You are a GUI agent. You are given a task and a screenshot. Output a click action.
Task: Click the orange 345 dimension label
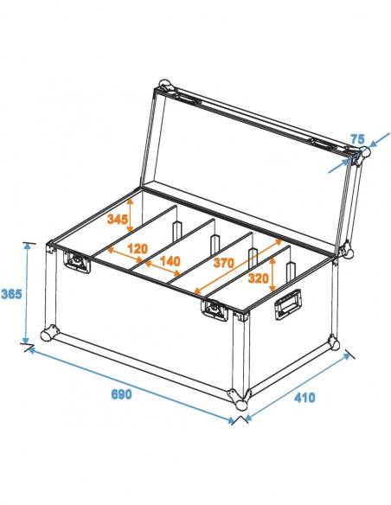click(x=118, y=220)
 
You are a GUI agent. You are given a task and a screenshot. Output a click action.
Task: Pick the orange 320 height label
click(x=257, y=279)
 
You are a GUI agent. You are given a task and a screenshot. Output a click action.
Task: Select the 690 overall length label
click(x=121, y=394)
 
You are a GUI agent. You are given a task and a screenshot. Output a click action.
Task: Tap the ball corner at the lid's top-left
click(x=165, y=88)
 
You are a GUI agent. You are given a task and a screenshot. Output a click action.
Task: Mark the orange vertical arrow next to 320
click(x=274, y=273)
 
